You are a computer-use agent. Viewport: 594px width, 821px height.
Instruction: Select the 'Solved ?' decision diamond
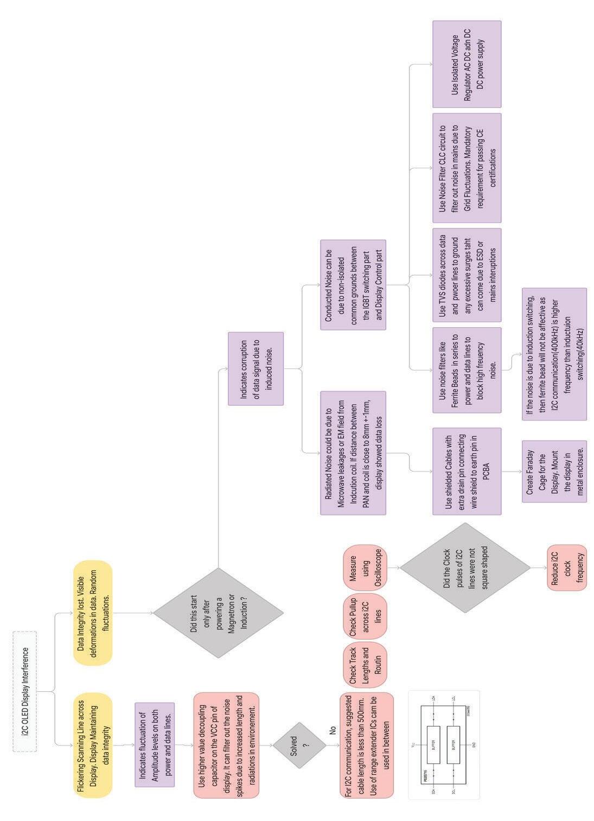point(299,745)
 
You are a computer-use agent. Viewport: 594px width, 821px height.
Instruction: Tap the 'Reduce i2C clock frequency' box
point(566,568)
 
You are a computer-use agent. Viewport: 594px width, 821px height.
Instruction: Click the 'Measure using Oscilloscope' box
point(365,568)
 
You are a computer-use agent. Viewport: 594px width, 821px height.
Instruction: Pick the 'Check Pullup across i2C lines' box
point(365,616)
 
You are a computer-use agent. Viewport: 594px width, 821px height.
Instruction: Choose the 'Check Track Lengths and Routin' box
point(365,665)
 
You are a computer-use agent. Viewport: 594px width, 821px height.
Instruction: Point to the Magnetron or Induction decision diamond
point(218,613)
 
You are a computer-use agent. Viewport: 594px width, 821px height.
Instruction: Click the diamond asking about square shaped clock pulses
point(465,568)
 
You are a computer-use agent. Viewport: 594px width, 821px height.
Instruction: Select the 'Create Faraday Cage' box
point(553,471)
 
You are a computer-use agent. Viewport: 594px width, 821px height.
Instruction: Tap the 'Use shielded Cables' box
point(467,471)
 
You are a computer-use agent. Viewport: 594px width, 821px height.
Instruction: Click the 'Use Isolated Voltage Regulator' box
point(467,64)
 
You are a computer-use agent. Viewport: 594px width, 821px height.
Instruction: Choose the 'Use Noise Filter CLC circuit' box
point(467,168)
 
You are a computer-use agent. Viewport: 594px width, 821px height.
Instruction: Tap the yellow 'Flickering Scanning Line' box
point(93,745)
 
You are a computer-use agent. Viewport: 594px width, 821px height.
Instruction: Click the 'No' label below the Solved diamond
point(333,730)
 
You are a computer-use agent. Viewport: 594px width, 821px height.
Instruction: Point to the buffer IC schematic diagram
point(444,744)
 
